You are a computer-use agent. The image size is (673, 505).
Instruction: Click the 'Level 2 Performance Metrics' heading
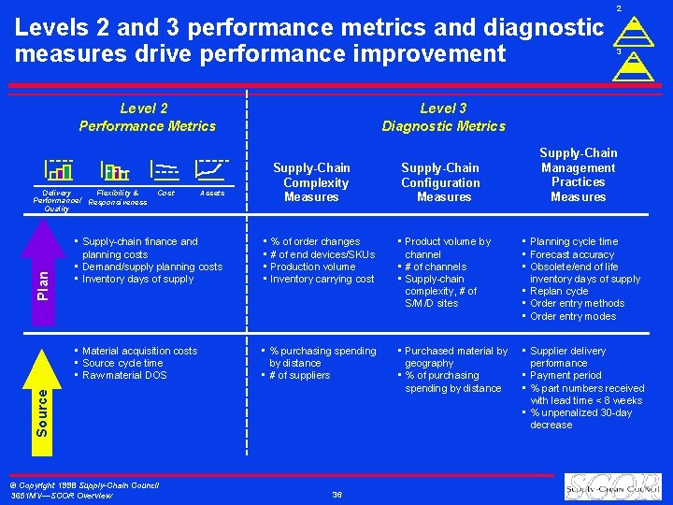coord(148,118)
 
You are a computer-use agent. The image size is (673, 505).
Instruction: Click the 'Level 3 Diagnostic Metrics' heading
coord(443,118)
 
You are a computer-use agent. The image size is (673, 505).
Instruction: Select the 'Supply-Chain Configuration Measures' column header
coord(440,182)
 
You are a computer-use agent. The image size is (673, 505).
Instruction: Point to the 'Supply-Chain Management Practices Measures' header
coord(578,175)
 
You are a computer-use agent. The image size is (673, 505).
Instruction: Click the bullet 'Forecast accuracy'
coord(572,254)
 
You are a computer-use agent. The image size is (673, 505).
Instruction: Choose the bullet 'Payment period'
coord(566,375)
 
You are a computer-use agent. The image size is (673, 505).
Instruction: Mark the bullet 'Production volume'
coord(312,267)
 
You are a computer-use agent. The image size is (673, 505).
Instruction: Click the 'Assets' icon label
coord(211,193)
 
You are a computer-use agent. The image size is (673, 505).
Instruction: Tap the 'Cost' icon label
coord(165,193)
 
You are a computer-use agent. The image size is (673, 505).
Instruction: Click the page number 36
coord(336,494)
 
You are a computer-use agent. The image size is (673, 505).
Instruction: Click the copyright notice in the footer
coord(84,489)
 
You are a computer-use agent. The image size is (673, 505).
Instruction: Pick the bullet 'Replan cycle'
coord(559,291)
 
